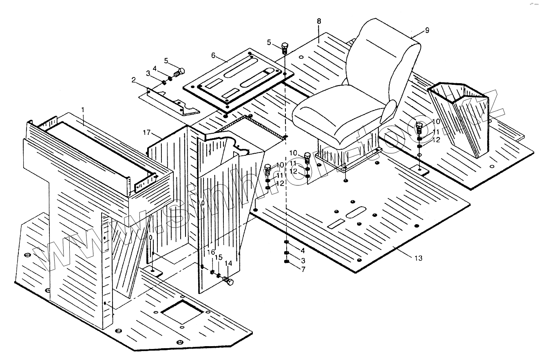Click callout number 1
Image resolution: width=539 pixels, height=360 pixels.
[83, 110]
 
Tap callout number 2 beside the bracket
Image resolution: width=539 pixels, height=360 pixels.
[134, 80]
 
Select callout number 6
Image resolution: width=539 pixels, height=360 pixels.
[213, 55]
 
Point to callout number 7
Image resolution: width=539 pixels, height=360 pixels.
[303, 269]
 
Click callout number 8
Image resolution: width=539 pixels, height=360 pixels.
[319, 21]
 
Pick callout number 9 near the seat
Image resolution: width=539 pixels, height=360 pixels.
[427, 30]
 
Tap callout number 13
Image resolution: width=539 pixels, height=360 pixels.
[418, 258]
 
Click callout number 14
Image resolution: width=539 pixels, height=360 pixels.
[228, 263]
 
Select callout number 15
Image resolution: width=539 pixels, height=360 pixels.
[219, 258]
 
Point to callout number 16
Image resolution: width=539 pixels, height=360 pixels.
[211, 252]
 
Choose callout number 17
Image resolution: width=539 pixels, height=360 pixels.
[146, 133]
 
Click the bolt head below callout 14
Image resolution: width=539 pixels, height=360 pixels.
[228, 281]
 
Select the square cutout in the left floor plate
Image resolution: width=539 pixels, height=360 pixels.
[182, 311]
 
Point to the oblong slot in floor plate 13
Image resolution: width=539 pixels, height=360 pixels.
[356, 212]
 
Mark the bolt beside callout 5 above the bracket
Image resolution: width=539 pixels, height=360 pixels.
[179, 72]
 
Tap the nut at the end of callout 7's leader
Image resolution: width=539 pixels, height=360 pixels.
[286, 261]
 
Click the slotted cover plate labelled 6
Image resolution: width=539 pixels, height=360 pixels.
[238, 80]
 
